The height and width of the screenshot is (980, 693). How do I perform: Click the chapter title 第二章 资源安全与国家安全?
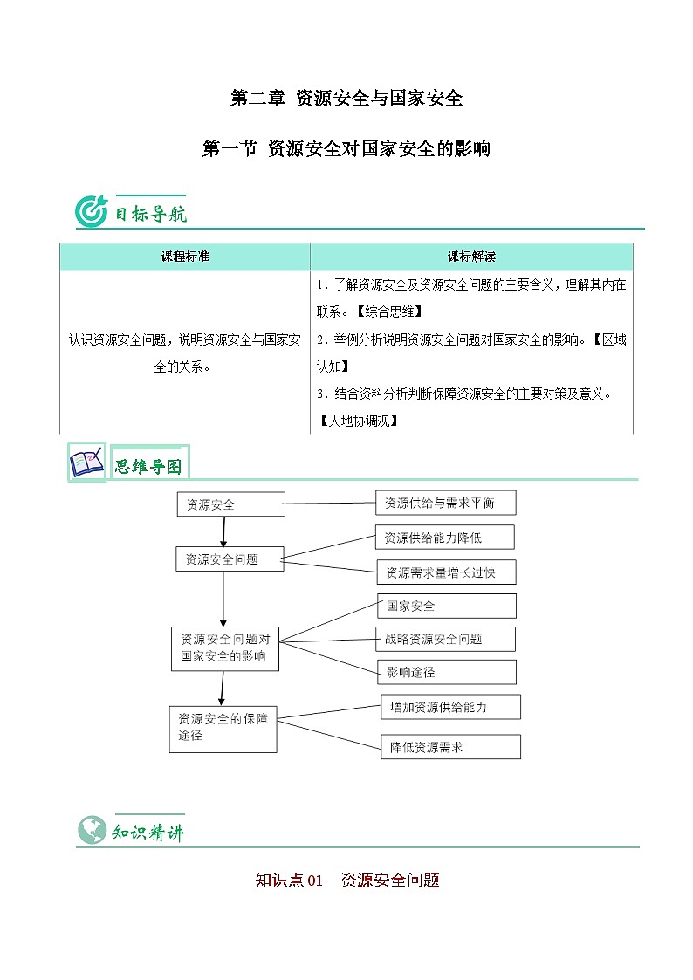(346, 99)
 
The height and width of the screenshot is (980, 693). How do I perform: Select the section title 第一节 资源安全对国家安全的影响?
(346, 149)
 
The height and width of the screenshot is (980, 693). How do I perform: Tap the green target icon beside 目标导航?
(92, 212)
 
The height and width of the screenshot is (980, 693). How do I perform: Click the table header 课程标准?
(185, 257)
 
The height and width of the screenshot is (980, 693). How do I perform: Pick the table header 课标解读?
(471, 257)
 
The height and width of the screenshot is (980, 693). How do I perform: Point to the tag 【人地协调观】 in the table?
(357, 421)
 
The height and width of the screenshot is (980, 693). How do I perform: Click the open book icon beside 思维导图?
(86, 463)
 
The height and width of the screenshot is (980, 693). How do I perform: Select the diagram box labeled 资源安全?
(231, 504)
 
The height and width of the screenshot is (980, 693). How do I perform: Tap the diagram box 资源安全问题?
(230, 559)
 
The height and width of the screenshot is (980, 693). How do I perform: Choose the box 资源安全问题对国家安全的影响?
(224, 648)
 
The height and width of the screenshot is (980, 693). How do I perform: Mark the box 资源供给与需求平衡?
(446, 503)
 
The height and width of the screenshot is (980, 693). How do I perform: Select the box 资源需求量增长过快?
(446, 572)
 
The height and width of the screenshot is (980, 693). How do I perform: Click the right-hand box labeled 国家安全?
(446, 606)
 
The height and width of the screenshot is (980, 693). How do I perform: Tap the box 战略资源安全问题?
(445, 639)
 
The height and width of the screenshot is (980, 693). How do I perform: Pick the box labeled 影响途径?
(446, 672)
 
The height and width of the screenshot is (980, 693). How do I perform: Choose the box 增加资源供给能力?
(450, 707)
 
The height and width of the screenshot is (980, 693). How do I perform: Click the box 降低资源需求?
(450, 747)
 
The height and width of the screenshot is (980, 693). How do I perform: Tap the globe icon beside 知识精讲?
(90, 830)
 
